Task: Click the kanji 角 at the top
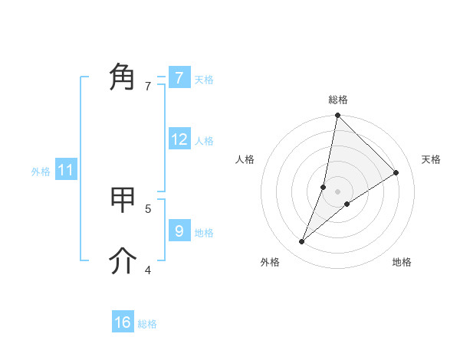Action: tap(123, 77)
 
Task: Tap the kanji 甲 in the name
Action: tap(123, 201)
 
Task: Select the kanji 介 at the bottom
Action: tap(123, 262)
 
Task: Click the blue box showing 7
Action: tap(179, 78)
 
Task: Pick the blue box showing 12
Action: tap(179, 139)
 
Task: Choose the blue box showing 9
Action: tap(179, 231)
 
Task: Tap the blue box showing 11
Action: tap(65, 170)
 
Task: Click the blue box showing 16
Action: tap(123, 322)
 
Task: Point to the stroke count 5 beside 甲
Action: tap(148, 208)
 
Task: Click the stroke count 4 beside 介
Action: tap(148, 270)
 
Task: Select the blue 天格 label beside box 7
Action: tap(204, 80)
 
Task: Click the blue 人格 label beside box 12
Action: tap(204, 141)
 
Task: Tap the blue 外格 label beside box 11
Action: tap(41, 172)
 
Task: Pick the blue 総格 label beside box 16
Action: tap(147, 324)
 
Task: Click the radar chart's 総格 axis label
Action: tap(338, 100)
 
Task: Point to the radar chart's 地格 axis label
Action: tap(402, 262)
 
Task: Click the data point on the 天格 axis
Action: tap(396, 172)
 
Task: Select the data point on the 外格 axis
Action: tap(302, 241)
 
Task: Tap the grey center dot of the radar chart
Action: tap(338, 191)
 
